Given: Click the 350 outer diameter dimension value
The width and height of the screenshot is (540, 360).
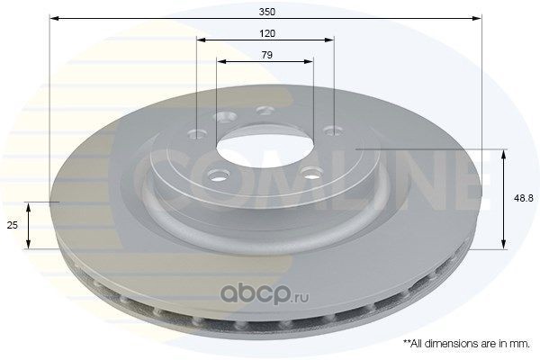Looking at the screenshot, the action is tap(267, 12).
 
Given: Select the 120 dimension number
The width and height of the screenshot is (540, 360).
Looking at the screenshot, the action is tap(267, 33).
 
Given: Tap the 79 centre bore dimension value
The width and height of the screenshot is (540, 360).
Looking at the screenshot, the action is tap(267, 55).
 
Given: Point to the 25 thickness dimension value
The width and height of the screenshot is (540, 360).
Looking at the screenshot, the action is tap(13, 225).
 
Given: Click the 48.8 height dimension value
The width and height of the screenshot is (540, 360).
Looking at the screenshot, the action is tap(524, 198).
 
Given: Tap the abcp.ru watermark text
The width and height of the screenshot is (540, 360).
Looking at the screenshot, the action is tap(265, 293).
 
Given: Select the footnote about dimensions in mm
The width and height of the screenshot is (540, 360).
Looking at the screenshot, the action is tap(466, 344).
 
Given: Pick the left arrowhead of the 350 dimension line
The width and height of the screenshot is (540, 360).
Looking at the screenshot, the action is tap(53, 18).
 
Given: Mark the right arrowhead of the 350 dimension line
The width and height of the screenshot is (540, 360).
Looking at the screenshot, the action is tap(478, 18).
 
